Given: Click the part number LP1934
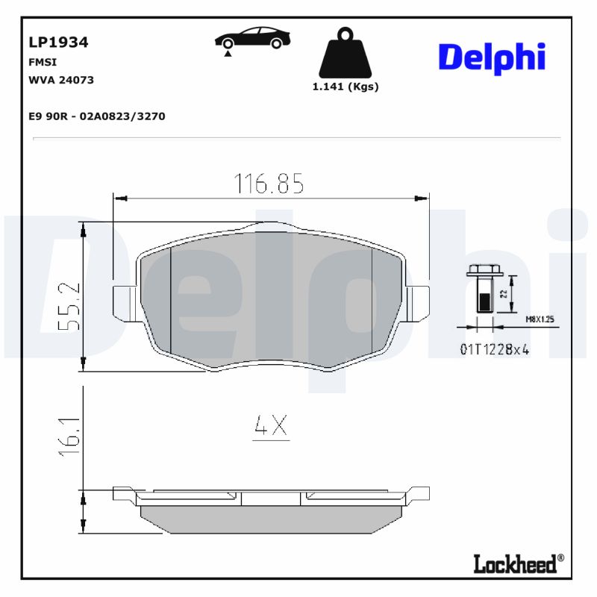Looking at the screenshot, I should [x=58, y=43].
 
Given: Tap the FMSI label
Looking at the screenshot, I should [x=42, y=63].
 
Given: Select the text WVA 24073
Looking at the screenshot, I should [x=60, y=81].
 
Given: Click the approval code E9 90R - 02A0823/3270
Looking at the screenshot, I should [x=96, y=116].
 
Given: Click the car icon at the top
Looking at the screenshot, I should [x=250, y=38].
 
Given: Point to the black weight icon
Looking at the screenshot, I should [x=345, y=54].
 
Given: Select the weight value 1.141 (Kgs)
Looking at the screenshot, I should [x=345, y=87].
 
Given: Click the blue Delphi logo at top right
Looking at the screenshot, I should [x=491, y=57].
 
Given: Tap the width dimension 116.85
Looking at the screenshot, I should [x=269, y=184].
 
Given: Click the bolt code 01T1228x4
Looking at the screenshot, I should [x=494, y=349].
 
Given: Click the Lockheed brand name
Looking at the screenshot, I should [x=514, y=563].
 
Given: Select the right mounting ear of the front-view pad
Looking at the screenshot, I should [x=419, y=302].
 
